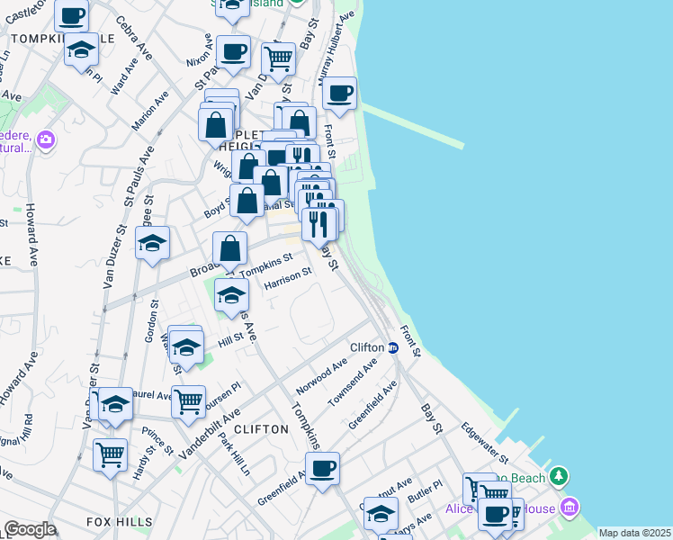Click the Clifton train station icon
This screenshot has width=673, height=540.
click(393, 347)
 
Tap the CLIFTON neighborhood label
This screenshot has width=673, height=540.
click(262, 429)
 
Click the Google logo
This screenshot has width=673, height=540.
click(30, 529)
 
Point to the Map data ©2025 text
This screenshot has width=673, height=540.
click(635, 533)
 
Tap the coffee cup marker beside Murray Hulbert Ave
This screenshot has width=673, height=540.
click(340, 94)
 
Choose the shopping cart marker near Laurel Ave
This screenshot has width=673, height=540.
click(188, 401)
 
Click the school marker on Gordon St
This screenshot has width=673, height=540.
click(153, 243)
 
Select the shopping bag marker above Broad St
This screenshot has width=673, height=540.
click(230, 248)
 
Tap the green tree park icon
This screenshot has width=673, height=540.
click(560, 474)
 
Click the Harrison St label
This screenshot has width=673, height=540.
click(288, 279)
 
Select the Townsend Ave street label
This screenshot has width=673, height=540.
click(354, 383)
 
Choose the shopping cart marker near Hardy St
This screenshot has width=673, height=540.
click(110, 454)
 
